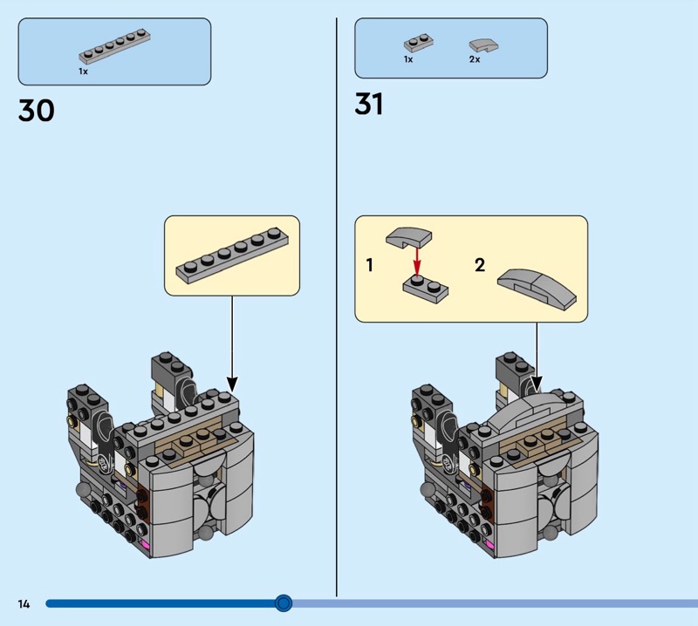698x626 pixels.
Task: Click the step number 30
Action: click(36, 111)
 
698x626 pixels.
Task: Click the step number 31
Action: click(368, 105)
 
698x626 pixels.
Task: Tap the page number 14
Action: click(24, 603)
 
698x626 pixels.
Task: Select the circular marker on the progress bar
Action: click(283, 602)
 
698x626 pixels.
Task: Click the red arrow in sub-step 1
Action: click(417, 260)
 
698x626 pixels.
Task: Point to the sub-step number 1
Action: click(369, 265)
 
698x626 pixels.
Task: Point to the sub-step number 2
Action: click(479, 265)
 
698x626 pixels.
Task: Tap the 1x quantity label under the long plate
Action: click(83, 71)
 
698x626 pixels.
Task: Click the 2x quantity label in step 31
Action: click(475, 60)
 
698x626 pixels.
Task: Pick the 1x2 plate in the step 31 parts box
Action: click(418, 43)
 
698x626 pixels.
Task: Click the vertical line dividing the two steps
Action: click(337, 305)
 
